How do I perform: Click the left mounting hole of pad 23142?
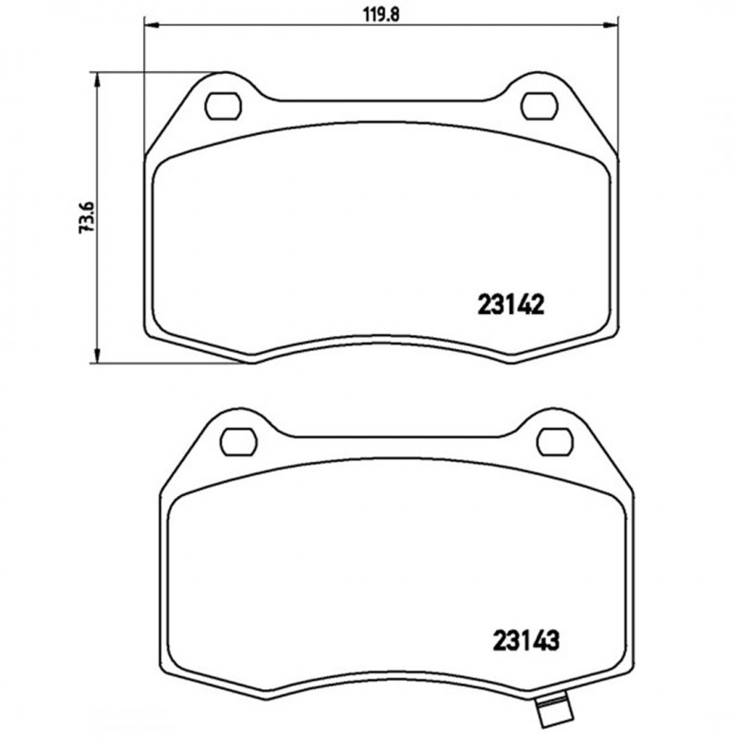coord(222,105)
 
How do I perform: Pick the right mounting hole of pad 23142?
coord(539,105)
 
